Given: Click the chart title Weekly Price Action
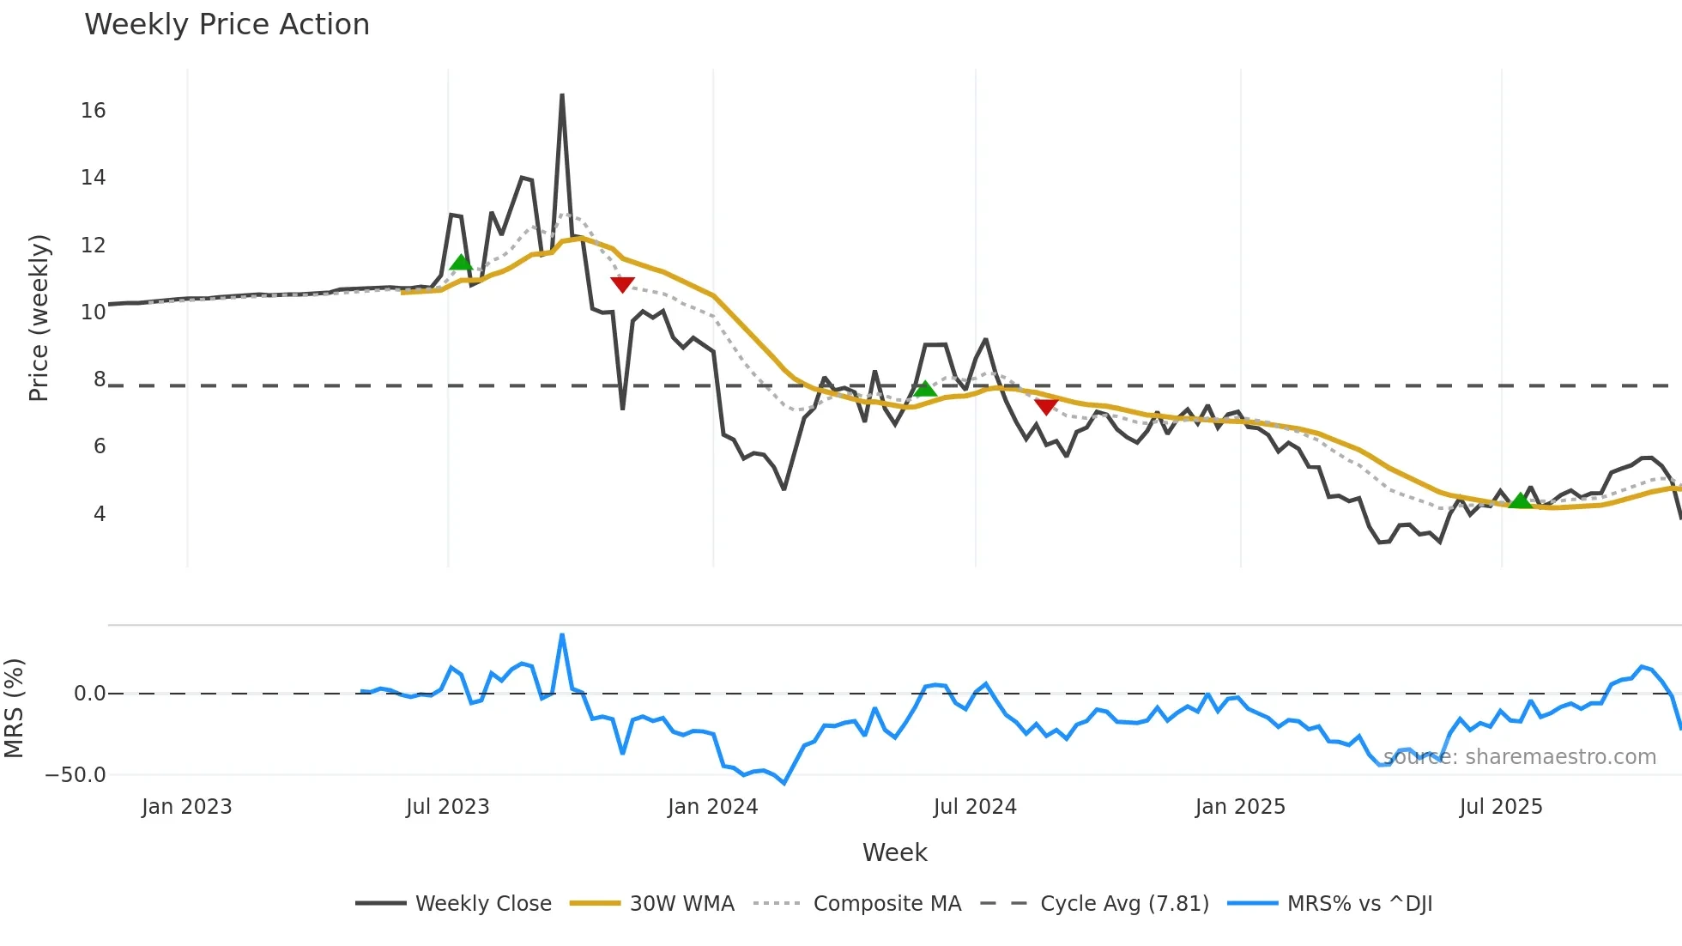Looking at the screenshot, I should [x=227, y=25].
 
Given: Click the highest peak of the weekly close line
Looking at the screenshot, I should [x=562, y=96].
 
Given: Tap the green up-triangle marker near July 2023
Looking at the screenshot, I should [x=461, y=263].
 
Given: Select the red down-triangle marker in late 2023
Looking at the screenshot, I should [x=622, y=284].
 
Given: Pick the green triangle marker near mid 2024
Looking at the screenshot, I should [x=924, y=389].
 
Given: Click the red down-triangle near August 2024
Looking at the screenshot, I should [x=1046, y=406].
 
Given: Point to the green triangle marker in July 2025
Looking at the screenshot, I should [x=1520, y=500].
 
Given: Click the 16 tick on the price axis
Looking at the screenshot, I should [x=93, y=111].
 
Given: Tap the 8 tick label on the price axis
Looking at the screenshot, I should [x=100, y=379].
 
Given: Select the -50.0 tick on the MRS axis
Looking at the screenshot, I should [x=76, y=774].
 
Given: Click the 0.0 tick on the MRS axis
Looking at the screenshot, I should [x=89, y=694].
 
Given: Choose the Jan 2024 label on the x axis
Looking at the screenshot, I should [x=712, y=807].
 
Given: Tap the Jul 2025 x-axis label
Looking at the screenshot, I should [x=1500, y=807].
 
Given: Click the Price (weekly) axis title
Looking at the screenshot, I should [x=39, y=318].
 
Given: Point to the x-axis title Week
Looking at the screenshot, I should [x=894, y=852].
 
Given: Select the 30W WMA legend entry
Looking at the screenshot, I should [x=681, y=904].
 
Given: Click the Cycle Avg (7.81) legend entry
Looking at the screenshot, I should [x=1124, y=904].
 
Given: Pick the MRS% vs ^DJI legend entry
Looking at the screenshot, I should [x=1359, y=904].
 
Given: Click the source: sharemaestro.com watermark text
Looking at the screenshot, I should [x=1520, y=757].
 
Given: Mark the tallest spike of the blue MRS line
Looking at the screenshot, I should [x=562, y=635].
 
